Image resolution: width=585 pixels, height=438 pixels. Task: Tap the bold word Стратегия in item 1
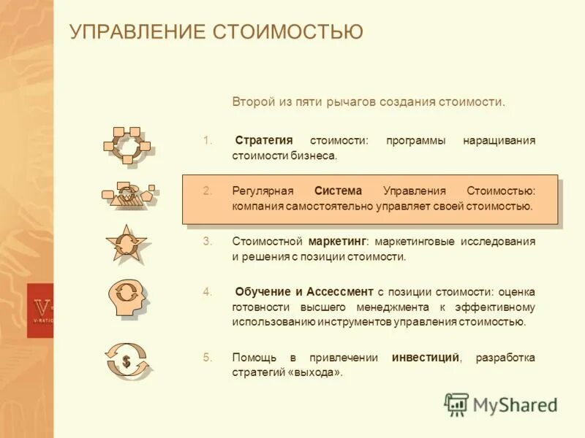264,140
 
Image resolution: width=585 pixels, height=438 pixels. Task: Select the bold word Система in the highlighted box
338,191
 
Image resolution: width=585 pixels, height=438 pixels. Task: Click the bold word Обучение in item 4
263,291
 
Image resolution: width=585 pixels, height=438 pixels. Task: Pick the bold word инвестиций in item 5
426,357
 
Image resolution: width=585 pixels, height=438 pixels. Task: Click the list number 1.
207,140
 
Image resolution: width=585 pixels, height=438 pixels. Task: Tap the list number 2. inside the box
207,191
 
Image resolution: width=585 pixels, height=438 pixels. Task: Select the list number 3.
207,241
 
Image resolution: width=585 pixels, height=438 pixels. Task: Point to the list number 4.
207,291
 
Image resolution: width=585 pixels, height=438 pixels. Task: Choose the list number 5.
207,357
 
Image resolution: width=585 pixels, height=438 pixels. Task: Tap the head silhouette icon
127,296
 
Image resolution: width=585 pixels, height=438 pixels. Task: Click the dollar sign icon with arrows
127,361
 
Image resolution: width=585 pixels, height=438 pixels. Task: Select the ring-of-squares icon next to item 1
127,145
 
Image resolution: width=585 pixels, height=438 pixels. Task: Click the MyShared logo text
515,404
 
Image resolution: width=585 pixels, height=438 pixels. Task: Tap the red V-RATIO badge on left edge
40,310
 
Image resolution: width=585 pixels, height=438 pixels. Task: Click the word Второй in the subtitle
252,101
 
